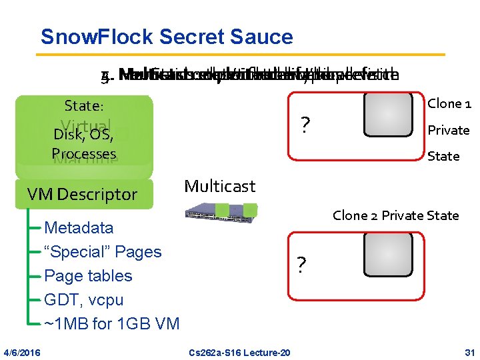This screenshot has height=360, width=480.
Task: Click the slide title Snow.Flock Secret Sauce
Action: tap(166, 37)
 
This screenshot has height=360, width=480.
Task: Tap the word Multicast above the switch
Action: tap(219, 186)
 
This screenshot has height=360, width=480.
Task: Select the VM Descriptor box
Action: tap(82, 194)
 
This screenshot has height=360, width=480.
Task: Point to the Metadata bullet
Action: tap(79, 228)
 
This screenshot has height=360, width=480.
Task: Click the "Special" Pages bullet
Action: tap(103, 252)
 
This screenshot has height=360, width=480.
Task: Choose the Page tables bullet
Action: tap(88, 276)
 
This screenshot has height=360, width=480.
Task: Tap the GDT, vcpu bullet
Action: tap(83, 300)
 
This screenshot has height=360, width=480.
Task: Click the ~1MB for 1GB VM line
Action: tap(111, 324)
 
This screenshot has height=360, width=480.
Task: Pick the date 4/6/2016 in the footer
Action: tap(21, 351)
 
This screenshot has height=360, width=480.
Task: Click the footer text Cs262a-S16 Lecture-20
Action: tap(239, 351)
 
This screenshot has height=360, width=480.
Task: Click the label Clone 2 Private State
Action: tap(395, 215)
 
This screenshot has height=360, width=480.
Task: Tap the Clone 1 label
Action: tap(449, 103)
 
